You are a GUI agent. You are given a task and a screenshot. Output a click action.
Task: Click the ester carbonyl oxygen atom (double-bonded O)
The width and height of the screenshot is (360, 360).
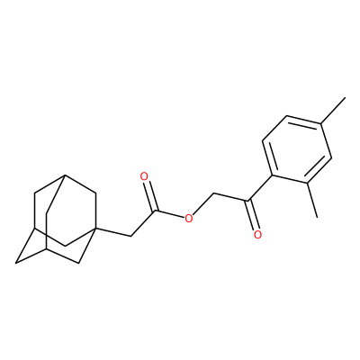[x=145, y=176]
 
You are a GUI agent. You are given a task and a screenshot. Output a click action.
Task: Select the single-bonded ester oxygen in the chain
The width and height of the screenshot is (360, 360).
[x=188, y=219]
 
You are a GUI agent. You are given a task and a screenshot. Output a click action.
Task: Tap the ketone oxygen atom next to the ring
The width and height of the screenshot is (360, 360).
[x=257, y=234]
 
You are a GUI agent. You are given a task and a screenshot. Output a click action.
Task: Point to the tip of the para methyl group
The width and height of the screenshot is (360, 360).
[x=346, y=97]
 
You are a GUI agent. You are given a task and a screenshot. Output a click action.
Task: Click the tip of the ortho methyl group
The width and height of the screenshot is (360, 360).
[x=317, y=217]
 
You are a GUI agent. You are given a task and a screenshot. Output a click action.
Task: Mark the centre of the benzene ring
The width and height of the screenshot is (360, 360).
[x=297, y=149]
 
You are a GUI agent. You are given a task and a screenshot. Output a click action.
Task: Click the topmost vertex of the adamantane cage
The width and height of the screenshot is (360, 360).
[x=65, y=175]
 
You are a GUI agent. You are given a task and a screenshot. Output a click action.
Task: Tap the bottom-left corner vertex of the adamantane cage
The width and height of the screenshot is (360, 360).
[x=16, y=263]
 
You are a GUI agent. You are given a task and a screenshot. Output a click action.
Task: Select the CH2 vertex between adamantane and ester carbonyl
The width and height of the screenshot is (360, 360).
[x=131, y=236]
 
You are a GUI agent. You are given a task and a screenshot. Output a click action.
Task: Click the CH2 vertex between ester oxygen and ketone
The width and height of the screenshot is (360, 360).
[x=213, y=193]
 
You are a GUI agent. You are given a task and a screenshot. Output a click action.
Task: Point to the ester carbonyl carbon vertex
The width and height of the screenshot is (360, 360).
[x=156, y=211]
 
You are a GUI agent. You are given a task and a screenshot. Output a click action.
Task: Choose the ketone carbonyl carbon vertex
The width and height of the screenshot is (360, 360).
[x=247, y=201]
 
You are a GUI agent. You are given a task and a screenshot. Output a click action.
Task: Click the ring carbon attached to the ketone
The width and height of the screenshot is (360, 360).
[x=272, y=175]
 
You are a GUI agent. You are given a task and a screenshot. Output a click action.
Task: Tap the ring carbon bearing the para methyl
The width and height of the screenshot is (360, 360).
[x=321, y=123]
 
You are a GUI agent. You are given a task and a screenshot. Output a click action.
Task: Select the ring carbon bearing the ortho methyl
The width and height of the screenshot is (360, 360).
[x=307, y=183]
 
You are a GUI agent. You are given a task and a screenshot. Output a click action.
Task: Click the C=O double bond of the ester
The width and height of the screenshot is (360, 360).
[x=150, y=195]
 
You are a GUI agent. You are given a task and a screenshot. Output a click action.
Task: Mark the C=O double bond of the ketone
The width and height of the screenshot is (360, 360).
[x=252, y=216]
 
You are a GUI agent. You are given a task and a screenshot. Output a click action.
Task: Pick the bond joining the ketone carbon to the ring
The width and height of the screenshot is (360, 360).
[x=260, y=188]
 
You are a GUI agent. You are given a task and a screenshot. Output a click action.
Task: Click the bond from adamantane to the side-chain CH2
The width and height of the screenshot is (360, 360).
[x=112, y=232]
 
